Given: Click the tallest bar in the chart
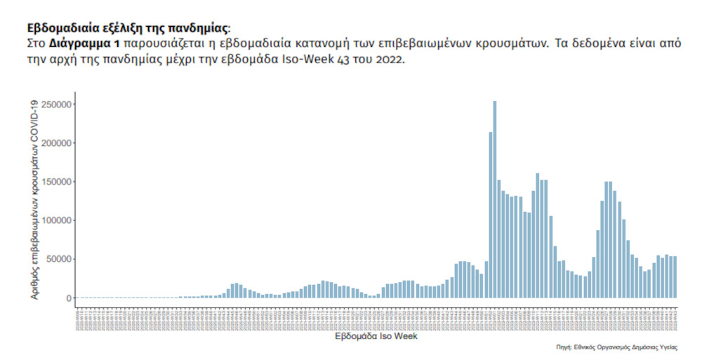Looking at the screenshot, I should [x=495, y=204].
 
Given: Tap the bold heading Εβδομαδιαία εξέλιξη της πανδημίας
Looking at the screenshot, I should [x=127, y=28].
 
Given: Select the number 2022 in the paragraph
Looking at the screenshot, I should [x=390, y=59].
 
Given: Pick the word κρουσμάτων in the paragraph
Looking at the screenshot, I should [x=504, y=44].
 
